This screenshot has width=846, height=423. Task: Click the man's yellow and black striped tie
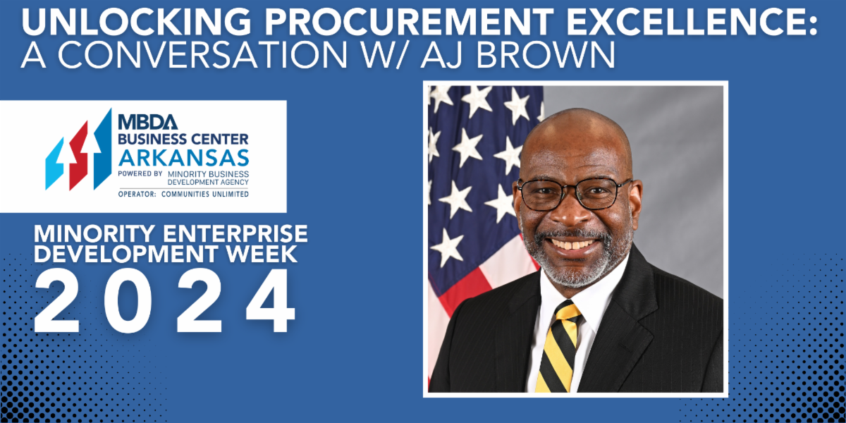[557, 345]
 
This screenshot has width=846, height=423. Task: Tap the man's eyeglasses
[572, 192]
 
